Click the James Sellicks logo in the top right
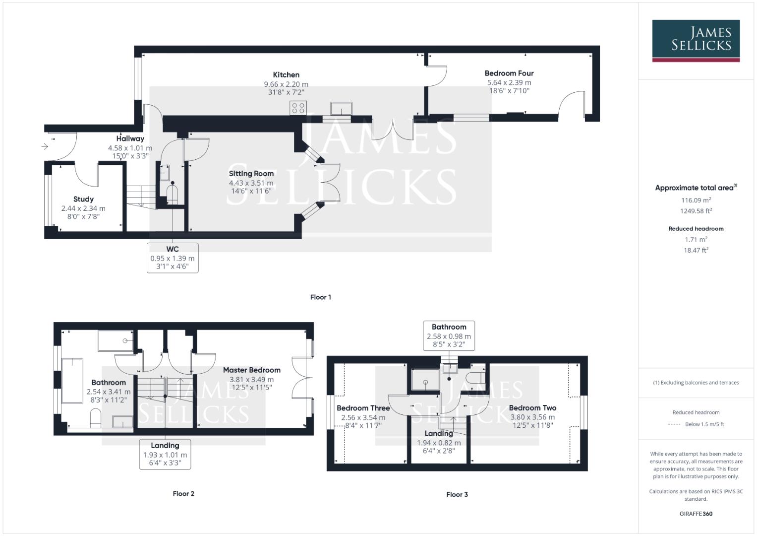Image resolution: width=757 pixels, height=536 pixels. click(696, 40)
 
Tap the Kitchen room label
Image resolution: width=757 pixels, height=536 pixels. click(286, 75)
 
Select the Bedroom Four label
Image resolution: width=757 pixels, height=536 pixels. click(509, 73)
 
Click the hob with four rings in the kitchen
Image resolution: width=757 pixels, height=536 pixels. click(298, 108)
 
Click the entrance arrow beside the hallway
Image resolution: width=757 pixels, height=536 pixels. click(45, 146)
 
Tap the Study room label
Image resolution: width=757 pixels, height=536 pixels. click(83, 199)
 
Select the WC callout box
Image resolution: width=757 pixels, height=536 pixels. click(173, 258)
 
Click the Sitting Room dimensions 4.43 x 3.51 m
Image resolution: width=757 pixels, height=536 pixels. click(251, 183)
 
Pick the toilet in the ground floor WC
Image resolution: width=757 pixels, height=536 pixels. click(172, 193)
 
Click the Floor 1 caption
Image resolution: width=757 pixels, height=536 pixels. click(320, 297)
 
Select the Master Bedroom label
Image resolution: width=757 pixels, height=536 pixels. click(251, 370)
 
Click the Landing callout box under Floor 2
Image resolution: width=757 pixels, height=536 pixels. click(165, 454)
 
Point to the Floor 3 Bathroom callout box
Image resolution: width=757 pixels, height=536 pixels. click(449, 335)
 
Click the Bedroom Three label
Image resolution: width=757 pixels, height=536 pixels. click(363, 408)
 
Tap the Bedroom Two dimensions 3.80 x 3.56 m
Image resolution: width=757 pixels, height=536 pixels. click(532, 417)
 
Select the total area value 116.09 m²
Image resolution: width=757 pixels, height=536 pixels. click(696, 200)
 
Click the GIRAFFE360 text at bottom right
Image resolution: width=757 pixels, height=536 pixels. click(696, 514)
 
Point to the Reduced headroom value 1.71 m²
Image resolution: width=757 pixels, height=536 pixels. click(696, 239)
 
